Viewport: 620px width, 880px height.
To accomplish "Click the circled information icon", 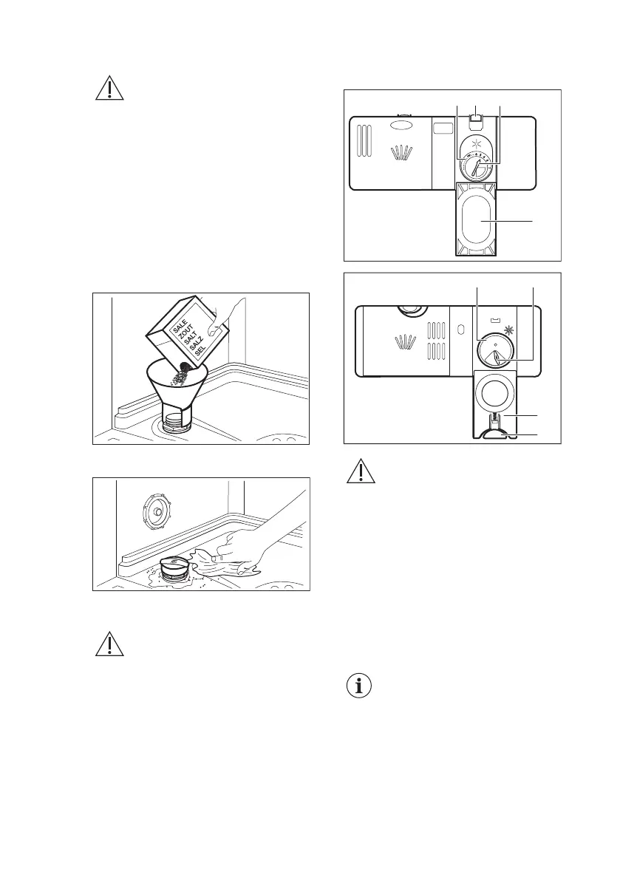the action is click(359, 686).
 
